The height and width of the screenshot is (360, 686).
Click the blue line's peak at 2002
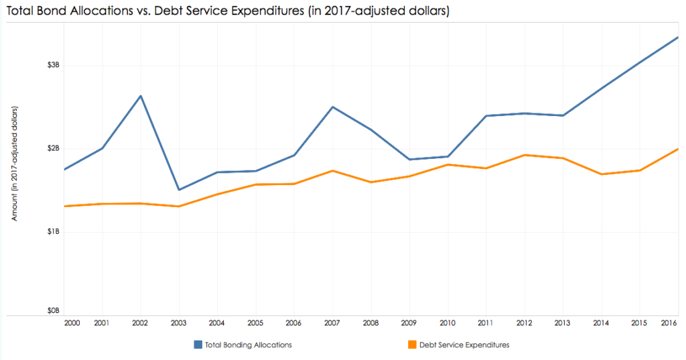[141, 96]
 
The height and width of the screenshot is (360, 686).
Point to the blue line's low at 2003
[179, 190]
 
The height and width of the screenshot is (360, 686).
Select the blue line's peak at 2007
[333, 107]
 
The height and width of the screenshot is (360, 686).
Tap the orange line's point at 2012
[525, 155]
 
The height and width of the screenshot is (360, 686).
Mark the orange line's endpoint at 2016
[678, 149]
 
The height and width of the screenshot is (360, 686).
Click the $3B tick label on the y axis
[53, 65]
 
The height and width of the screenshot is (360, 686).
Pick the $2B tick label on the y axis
[53, 148]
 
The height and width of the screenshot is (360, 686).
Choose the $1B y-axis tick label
[53, 231]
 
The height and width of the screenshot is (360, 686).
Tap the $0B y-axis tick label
[53, 311]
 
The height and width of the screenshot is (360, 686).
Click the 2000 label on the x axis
[72, 323]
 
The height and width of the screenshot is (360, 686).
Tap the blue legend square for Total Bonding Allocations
[198, 345]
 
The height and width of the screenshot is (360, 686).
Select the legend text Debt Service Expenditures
[464, 345]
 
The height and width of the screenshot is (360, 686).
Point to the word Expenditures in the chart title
[252, 12]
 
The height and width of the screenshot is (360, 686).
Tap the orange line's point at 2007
[333, 170]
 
